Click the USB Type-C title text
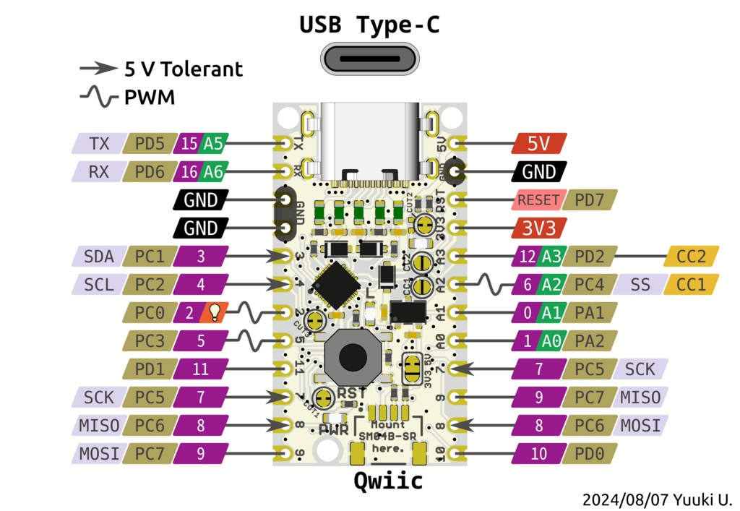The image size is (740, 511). (369, 25)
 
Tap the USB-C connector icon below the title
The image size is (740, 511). (369, 59)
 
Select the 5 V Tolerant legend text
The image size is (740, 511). (183, 69)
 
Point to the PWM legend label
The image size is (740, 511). (150, 97)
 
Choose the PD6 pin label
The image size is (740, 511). (149, 172)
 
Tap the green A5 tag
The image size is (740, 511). (212, 144)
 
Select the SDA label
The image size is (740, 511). (98, 257)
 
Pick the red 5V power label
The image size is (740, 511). (538, 144)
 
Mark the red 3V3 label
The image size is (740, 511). (538, 228)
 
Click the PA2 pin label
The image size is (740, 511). (590, 340)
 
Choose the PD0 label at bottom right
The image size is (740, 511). (590, 454)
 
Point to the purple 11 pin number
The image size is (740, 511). (200, 369)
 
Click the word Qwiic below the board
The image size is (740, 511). (388, 481)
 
